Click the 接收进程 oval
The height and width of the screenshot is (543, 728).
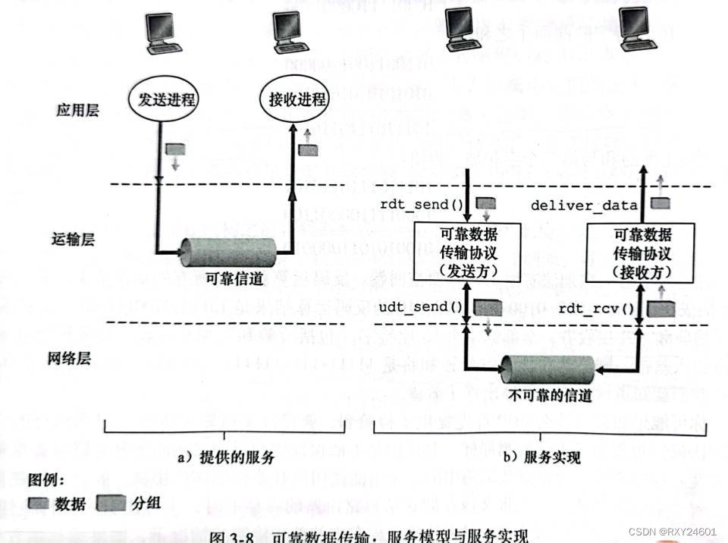click(297, 99)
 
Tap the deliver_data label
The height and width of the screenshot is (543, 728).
click(584, 204)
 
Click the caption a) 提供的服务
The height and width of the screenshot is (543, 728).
click(225, 457)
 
